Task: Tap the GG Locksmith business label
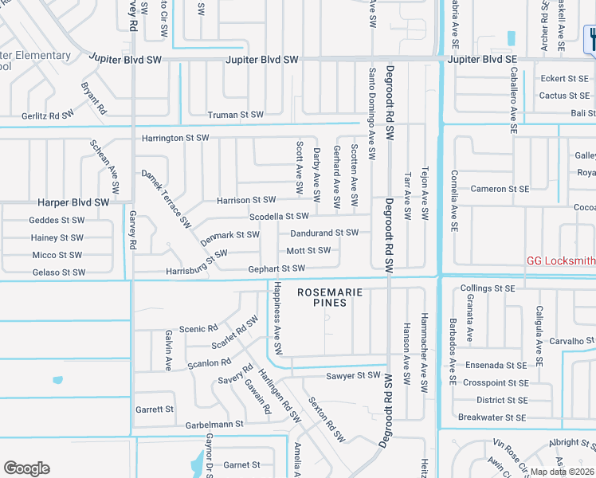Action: (561, 261)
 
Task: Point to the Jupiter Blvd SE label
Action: (482, 60)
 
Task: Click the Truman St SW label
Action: (235, 115)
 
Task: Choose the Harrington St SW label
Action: (175, 138)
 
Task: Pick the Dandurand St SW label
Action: (324, 233)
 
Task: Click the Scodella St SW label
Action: (279, 216)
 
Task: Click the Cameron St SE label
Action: (500, 189)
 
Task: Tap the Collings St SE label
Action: (488, 288)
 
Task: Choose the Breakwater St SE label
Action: (492, 417)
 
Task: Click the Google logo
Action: (26, 468)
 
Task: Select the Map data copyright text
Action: (562, 472)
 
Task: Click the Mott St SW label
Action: (308, 251)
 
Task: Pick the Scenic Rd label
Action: (198, 328)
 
